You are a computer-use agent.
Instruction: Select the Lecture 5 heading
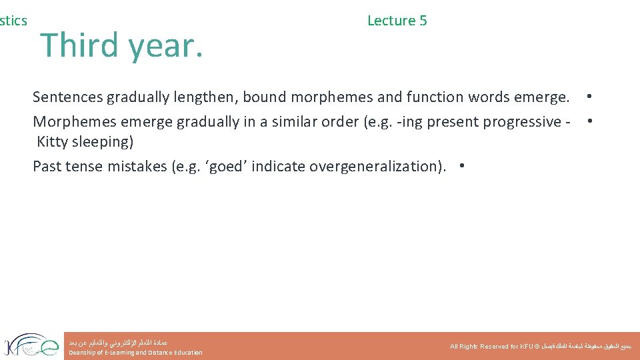397,21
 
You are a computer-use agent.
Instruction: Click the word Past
47,166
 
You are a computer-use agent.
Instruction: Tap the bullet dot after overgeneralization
462,166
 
